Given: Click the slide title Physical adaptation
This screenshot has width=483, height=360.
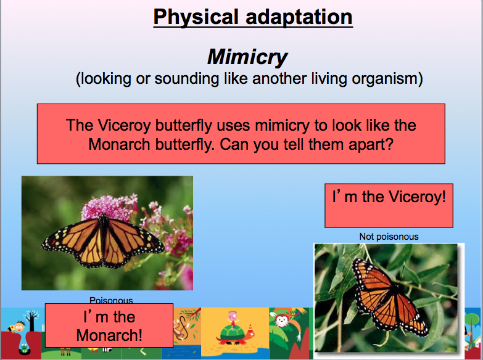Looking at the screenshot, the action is [x=253, y=18].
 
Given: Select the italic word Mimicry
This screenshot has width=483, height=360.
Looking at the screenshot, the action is [x=247, y=57].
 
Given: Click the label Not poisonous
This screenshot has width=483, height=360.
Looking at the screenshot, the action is [x=389, y=237].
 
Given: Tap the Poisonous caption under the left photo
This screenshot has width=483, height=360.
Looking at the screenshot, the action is [x=111, y=300].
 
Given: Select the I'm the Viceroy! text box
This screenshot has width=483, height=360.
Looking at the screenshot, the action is [x=389, y=206].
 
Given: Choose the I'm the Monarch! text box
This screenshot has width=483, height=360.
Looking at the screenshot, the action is [x=109, y=325].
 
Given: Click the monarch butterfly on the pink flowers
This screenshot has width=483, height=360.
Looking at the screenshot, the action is [x=102, y=242].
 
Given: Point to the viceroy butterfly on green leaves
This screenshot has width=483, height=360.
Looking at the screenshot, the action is [x=389, y=297].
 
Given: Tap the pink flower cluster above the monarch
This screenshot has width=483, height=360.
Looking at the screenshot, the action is [x=108, y=207].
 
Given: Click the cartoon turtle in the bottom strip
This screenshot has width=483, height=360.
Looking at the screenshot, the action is [x=236, y=334].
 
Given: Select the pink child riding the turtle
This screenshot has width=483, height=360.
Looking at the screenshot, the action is [x=233, y=319].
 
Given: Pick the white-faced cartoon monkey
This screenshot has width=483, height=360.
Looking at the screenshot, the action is [x=281, y=321].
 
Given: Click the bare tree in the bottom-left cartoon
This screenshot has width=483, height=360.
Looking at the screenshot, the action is [x=31, y=321].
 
